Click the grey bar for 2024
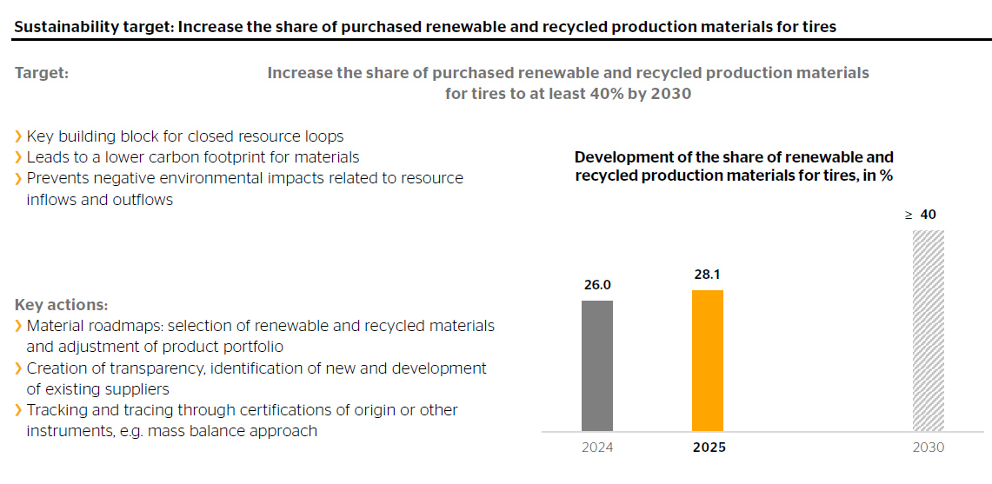click(597, 366)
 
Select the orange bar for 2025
click(708, 361)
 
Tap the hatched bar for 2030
click(929, 331)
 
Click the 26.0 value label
click(597, 285)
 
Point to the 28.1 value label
click(708, 275)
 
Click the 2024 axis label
click(597, 448)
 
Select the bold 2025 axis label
click(709, 448)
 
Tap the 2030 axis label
click(929, 448)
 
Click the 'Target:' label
click(42, 74)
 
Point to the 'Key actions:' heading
click(62, 306)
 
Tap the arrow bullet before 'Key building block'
click(18, 136)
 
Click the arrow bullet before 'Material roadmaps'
click(18, 327)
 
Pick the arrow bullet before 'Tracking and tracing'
click(18, 410)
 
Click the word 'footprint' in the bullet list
click(247, 157)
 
